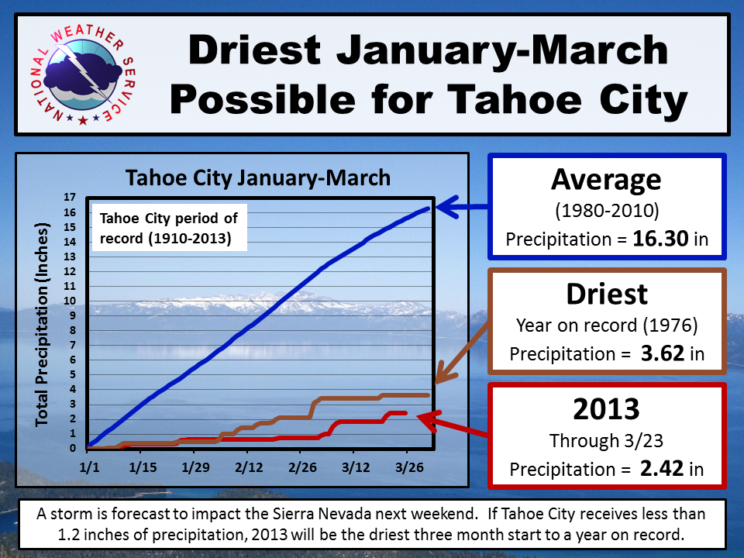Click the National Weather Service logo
tap(84, 74)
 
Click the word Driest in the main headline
tap(254, 50)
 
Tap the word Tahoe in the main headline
tap(515, 100)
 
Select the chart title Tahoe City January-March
tap(258, 178)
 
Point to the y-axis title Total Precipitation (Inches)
tap(42, 325)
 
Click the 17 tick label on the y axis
tap(70, 197)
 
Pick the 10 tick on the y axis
tap(70, 301)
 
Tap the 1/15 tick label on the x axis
tap(143, 467)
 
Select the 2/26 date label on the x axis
tap(303, 467)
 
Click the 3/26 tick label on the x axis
tap(409, 467)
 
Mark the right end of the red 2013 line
tap(405, 413)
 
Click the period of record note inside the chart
tap(169, 228)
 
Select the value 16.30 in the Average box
tap(660, 238)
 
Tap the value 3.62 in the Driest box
tap(663, 353)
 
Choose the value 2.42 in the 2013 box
tap(662, 468)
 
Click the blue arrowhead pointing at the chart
tap(446, 207)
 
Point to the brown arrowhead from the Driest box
tap(444, 373)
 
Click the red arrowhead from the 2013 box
tap(429, 420)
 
